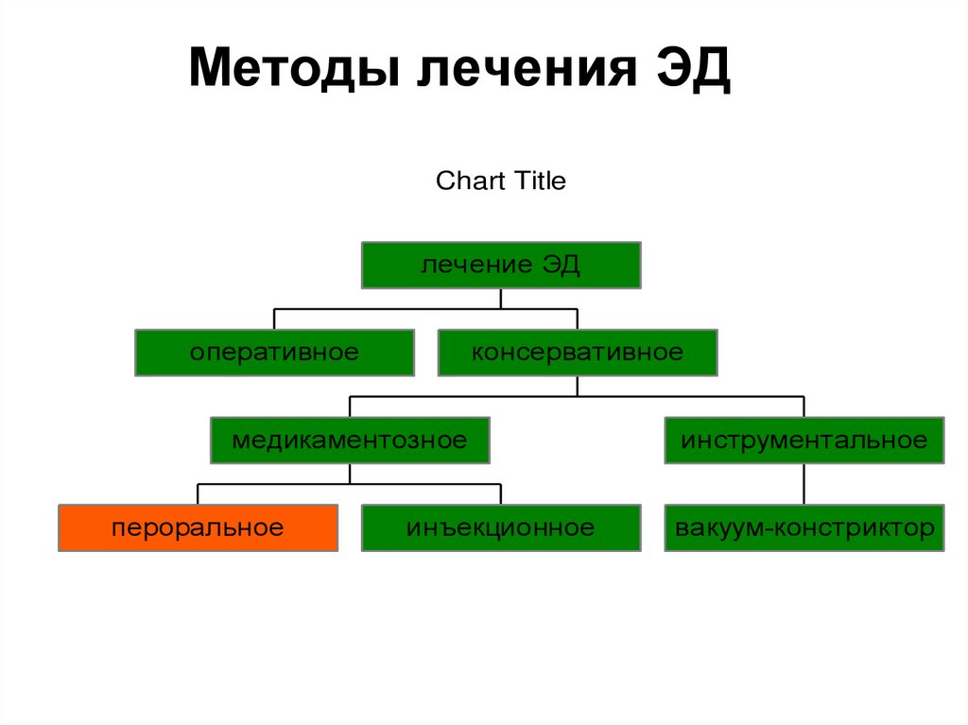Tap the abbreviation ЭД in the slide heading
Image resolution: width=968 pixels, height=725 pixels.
coord(694,71)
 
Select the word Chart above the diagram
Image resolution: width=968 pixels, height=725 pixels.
coord(470,181)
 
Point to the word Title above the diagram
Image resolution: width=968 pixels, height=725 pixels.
coord(539,181)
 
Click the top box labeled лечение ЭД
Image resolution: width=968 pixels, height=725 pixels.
coord(501,265)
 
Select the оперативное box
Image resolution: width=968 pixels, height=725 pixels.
coord(274,353)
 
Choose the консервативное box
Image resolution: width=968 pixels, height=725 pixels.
coord(577,353)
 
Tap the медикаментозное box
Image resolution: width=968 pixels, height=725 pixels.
coord(350,440)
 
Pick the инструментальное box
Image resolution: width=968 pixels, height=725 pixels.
coord(804,440)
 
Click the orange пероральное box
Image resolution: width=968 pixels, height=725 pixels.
coord(198,527)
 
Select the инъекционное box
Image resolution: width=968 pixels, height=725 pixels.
coord(501,527)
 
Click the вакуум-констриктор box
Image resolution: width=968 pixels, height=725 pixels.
coord(804,527)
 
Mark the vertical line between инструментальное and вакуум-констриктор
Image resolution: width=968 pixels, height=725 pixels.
coord(804,484)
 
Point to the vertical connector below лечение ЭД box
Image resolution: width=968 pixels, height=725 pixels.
coord(501,299)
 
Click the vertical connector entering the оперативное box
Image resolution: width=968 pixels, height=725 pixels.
coord(274,319)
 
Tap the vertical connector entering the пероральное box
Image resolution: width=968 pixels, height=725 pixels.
coord(198,494)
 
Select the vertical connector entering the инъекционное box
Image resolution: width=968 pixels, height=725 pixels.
coord(501,494)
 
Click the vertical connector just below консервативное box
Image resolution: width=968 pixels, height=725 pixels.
coord(577,386)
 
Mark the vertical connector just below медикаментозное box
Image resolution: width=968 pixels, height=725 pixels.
coord(350,474)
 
